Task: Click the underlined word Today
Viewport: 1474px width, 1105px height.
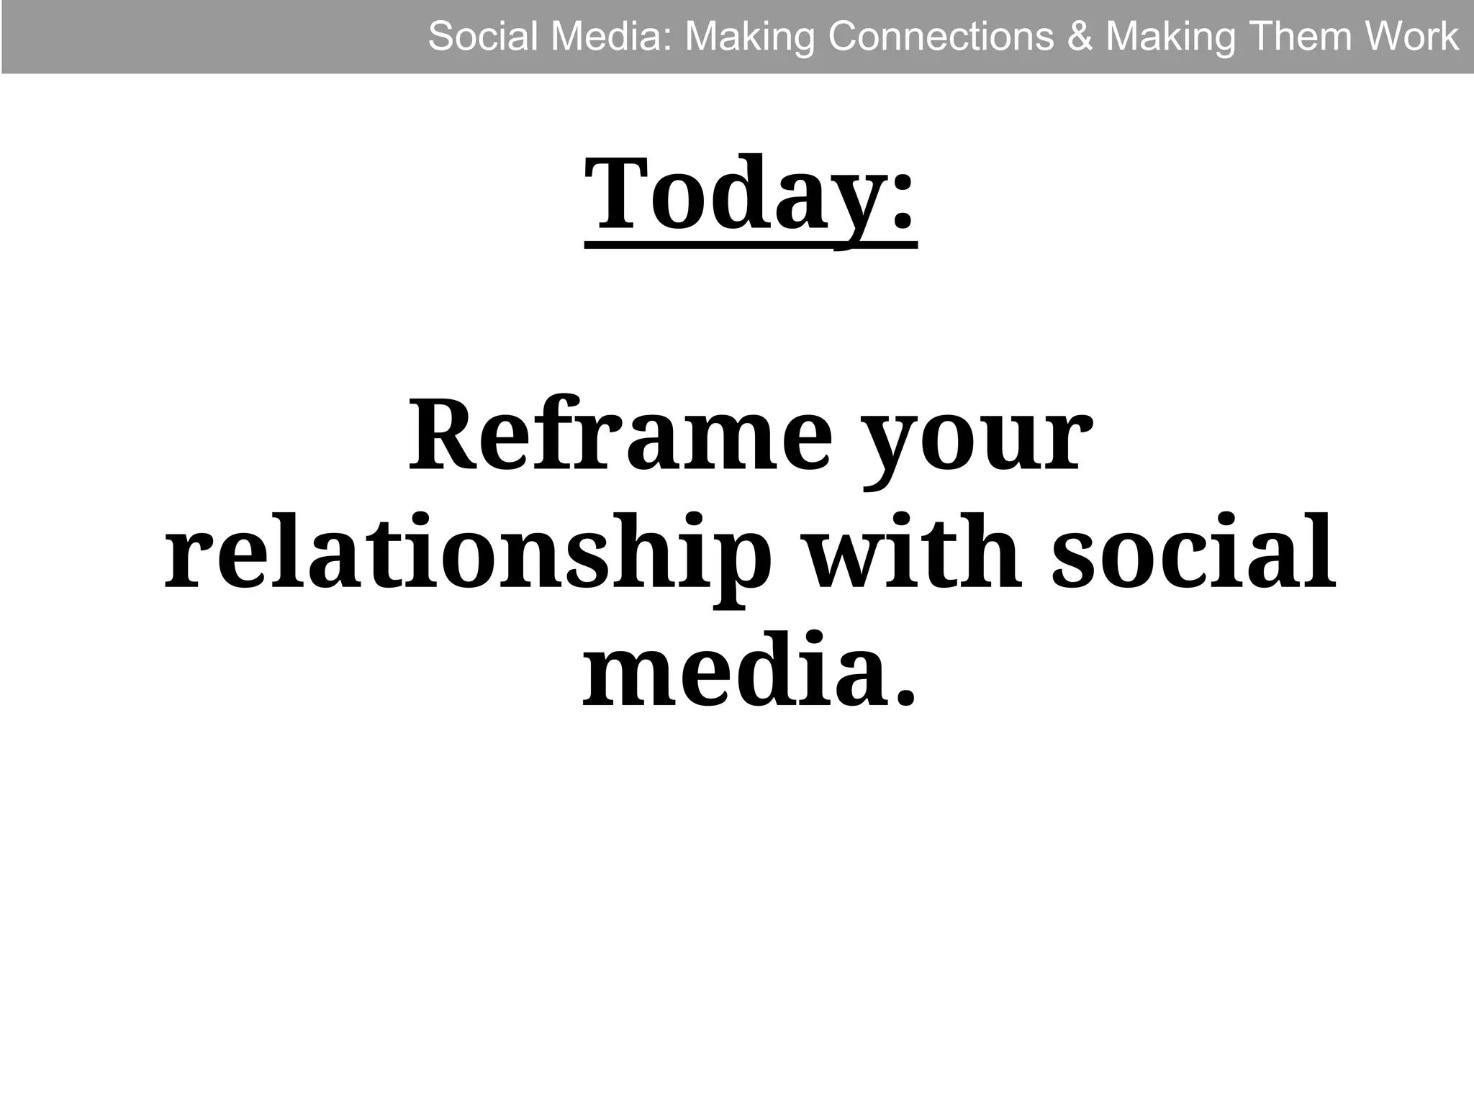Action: pos(734,196)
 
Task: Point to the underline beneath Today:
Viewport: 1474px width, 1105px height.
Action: pos(751,247)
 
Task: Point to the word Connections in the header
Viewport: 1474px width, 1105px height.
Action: pos(941,36)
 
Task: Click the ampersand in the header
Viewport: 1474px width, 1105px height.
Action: pos(1080,37)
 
